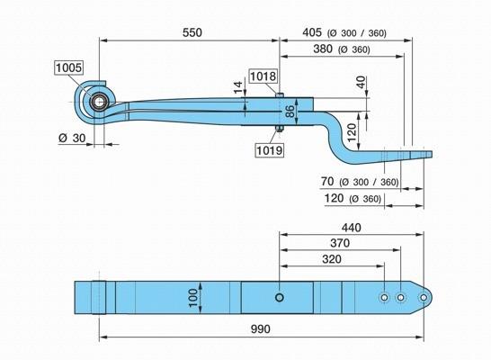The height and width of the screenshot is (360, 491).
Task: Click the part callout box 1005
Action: (69, 67)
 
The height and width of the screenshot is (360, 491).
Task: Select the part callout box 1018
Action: (263, 76)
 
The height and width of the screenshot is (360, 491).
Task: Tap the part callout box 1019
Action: (270, 150)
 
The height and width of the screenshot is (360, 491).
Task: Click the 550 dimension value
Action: (192, 32)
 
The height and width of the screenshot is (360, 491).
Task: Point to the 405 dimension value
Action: (312, 32)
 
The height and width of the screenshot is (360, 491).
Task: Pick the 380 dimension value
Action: (323, 49)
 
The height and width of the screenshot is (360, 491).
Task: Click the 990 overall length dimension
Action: (261, 329)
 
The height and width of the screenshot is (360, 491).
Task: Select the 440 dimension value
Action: (352, 228)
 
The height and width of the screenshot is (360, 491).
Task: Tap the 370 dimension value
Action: (340, 243)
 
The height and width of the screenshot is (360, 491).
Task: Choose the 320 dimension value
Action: (332, 259)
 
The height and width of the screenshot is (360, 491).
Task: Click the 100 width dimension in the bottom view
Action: (194, 298)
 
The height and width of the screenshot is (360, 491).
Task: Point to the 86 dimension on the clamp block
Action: (290, 112)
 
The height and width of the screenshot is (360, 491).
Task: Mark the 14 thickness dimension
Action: (238, 87)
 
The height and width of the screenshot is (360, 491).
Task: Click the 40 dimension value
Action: (362, 82)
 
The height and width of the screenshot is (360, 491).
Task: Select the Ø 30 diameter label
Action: (72, 138)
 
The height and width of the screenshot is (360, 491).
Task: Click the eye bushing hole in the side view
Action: (100, 102)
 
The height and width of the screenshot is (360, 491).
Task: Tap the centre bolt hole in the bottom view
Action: (280, 297)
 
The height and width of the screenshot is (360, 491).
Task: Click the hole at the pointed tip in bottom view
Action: (424, 297)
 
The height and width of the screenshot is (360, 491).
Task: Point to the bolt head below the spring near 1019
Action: (280, 129)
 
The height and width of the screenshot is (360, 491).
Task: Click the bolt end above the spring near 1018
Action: (280, 94)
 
